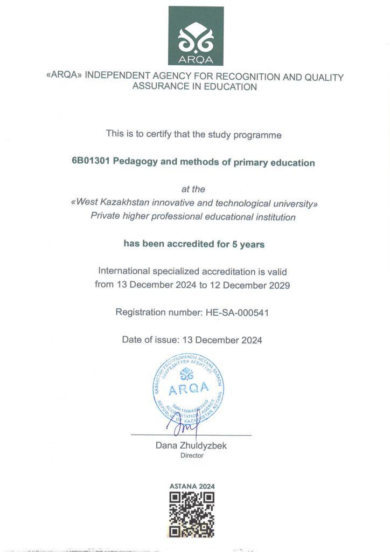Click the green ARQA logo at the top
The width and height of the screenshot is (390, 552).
point(195,36)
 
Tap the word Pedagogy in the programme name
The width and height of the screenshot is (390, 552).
point(136,162)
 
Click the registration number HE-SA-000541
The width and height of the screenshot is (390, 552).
point(237,312)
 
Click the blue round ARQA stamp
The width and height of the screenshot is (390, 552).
point(189,389)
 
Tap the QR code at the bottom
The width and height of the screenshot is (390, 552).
point(192,515)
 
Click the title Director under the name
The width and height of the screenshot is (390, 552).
point(192,456)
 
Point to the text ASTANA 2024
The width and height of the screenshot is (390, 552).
point(192,486)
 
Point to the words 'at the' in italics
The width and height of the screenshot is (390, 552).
point(194,189)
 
